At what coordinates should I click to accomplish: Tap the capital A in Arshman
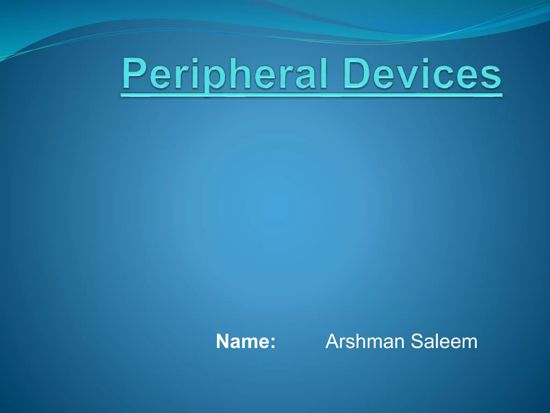pyautogui.click(x=333, y=341)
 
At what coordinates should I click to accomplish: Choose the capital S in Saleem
pyautogui.click(x=418, y=341)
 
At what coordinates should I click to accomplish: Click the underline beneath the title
pyautogui.click(x=312, y=95)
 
